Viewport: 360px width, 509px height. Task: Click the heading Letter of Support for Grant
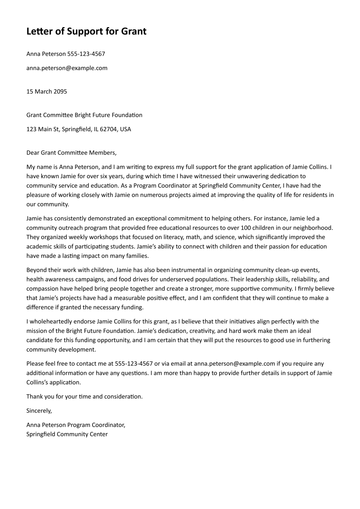pyautogui.click(x=86, y=31)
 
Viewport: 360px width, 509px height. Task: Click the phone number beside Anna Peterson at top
pyautogui.click(x=86, y=54)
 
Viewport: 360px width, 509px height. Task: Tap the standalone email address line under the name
pyautogui.click(x=67, y=68)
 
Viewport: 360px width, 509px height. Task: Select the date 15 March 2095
pyautogui.click(x=47, y=92)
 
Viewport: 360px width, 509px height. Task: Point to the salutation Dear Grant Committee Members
pyautogui.click(x=71, y=153)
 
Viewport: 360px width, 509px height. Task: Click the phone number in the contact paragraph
pyautogui.click(x=134, y=364)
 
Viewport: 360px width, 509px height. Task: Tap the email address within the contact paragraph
pyautogui.click(x=234, y=364)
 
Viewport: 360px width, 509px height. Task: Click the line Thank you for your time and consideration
pyautogui.click(x=84, y=397)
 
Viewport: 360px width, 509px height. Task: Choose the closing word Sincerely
pyautogui.click(x=39, y=411)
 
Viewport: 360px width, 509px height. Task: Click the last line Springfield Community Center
pyautogui.click(x=67, y=434)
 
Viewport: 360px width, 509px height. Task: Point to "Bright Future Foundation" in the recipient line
pyautogui.click(x=108, y=115)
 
